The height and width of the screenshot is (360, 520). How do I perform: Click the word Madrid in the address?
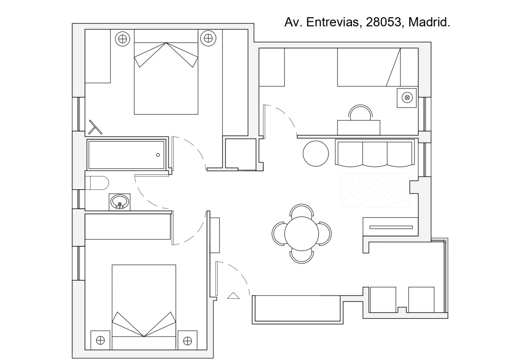429,22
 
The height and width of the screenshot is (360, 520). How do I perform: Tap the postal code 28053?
384,22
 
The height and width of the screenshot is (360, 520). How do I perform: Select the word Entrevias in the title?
332,22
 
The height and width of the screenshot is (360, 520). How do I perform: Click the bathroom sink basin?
120,202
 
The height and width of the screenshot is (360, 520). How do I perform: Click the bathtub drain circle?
158,155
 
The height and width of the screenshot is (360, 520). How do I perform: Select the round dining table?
302,234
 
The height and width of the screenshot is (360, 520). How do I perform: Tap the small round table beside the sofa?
316,154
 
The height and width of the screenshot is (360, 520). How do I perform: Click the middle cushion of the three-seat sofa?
375,154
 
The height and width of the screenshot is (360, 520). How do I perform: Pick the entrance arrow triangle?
233,296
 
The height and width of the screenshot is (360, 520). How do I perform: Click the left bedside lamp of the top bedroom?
122,39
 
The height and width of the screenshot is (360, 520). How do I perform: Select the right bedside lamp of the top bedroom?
208,38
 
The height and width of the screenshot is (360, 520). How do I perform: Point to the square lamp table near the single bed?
406,98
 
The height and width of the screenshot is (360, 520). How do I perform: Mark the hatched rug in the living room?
375,190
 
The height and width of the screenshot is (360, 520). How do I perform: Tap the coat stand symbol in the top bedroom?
95,128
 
